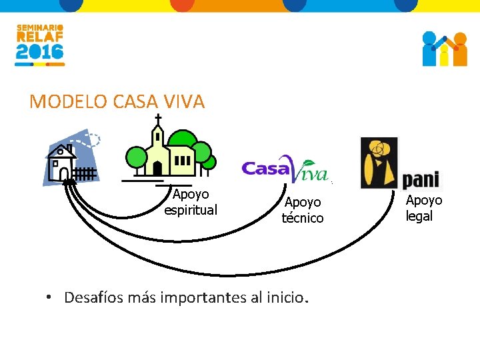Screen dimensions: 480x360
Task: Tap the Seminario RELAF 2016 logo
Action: coord(40,45)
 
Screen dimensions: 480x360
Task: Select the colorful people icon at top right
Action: coord(445,49)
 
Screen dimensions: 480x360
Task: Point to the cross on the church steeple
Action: coord(158,119)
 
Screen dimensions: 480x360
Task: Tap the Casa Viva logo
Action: coord(285,171)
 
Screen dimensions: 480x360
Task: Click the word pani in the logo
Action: coord(421,179)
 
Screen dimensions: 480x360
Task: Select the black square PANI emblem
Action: coord(379,163)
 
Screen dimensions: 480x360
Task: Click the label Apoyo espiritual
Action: coord(191,202)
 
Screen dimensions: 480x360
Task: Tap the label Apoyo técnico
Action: coord(303,209)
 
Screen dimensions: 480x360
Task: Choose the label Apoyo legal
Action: coord(423,208)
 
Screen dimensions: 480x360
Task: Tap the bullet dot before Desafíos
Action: coord(50,298)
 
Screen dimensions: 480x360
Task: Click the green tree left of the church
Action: coord(137,158)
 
